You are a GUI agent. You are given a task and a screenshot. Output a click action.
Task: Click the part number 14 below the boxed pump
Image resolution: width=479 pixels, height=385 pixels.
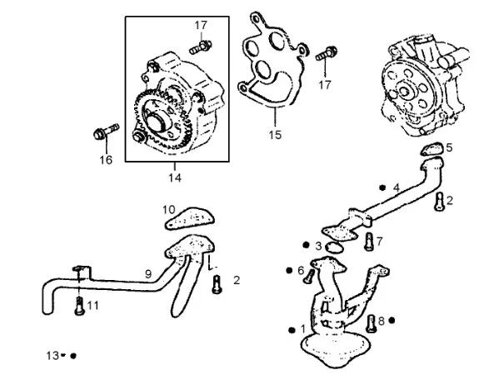click(x=175, y=177)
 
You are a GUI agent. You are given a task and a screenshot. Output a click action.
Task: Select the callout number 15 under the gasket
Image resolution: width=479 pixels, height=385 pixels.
click(x=275, y=134)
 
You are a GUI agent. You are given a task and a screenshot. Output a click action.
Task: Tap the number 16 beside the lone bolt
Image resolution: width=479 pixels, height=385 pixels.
click(x=106, y=160)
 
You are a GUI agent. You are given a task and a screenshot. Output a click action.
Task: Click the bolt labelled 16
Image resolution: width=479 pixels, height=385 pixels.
click(x=106, y=132)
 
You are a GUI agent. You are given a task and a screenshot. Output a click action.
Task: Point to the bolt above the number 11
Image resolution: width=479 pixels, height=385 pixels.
click(x=79, y=306)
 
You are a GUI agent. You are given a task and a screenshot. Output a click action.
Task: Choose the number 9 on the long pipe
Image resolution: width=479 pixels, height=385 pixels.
click(x=148, y=274)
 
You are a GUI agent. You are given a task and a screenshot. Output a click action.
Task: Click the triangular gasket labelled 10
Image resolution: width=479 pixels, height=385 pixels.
click(x=189, y=218)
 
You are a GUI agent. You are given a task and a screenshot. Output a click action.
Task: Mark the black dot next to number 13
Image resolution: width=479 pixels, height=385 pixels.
click(x=73, y=356)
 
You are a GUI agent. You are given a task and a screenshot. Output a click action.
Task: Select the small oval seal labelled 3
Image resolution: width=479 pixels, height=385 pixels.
click(x=334, y=247)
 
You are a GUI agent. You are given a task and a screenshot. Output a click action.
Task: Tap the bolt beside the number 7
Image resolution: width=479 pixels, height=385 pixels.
click(x=369, y=242)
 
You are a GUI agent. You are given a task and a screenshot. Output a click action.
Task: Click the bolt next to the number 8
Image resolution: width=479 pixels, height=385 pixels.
click(x=371, y=323)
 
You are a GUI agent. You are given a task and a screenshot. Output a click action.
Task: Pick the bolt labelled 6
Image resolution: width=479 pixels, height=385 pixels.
click(x=309, y=277)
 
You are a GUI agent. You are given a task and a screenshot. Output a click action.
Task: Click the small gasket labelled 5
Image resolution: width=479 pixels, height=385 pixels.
click(x=432, y=149)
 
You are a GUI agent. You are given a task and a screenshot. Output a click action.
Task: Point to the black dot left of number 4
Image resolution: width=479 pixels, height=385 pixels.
click(x=382, y=188)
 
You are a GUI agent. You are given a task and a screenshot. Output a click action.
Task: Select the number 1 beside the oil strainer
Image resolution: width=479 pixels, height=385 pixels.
click(x=302, y=329)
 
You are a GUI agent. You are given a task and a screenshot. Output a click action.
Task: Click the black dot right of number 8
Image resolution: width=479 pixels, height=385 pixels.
click(x=392, y=320)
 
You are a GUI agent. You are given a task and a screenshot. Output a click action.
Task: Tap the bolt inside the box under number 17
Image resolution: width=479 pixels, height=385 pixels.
click(x=201, y=47)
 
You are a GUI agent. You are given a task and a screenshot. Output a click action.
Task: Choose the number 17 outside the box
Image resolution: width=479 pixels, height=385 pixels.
click(x=325, y=85)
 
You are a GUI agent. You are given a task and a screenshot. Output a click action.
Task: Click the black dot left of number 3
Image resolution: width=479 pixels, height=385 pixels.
click(x=306, y=245)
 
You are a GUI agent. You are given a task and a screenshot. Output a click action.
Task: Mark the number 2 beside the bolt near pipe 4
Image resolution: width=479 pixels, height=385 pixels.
click(x=449, y=201)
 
